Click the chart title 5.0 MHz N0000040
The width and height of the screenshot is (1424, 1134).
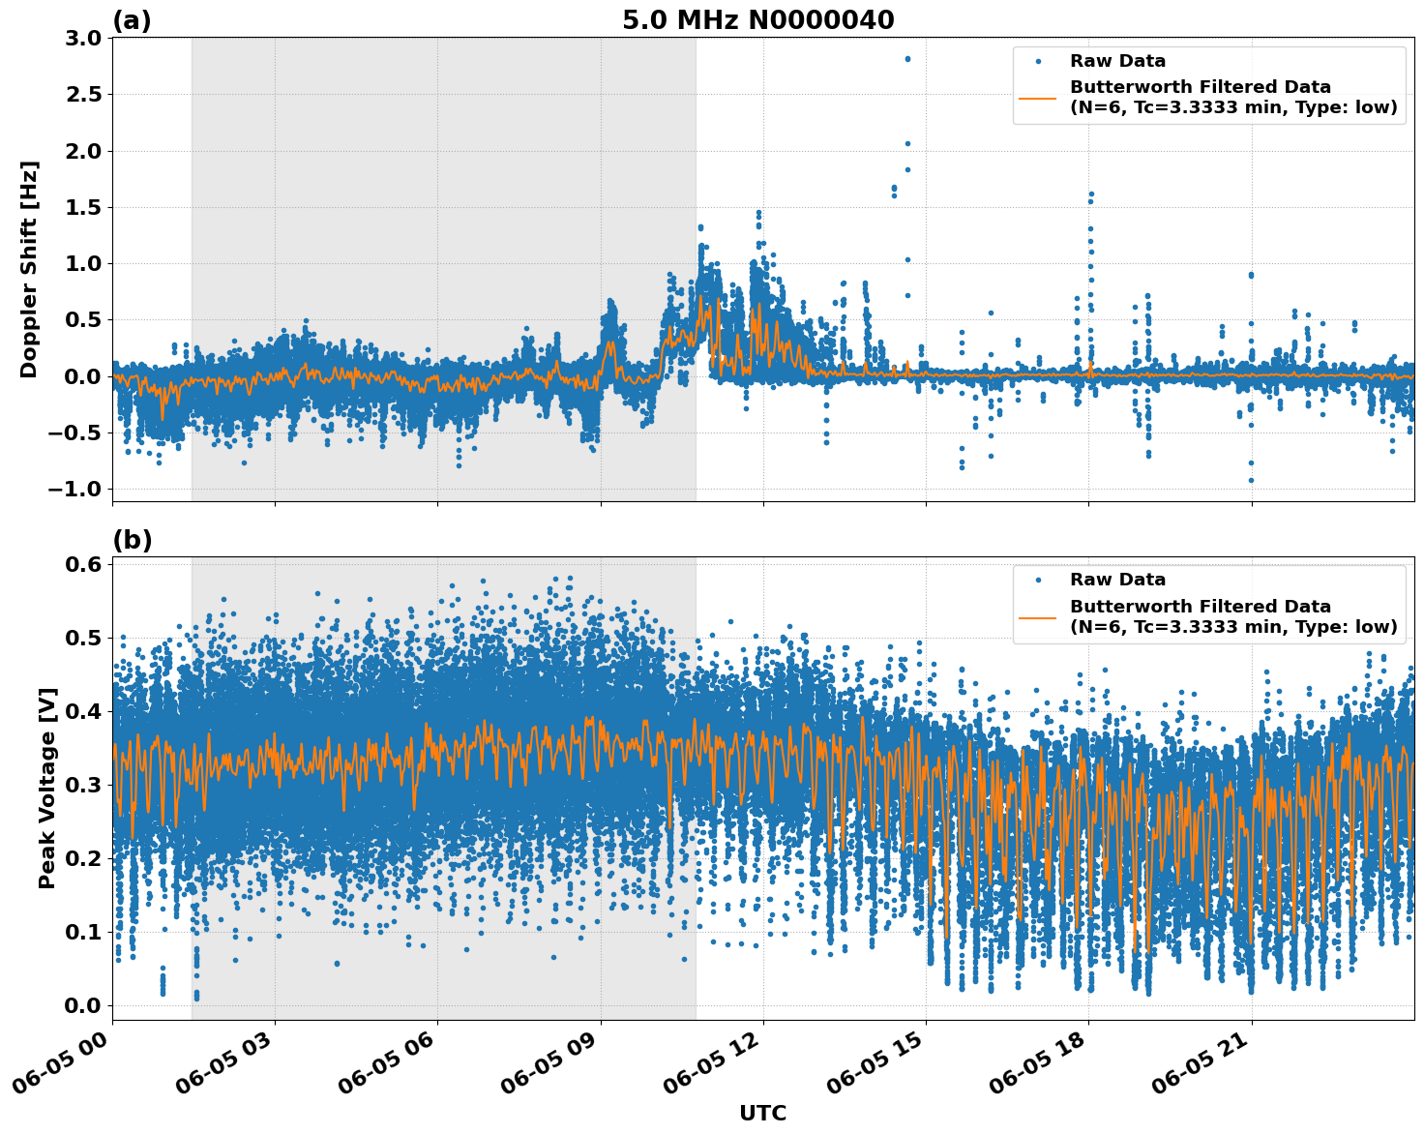click(757, 20)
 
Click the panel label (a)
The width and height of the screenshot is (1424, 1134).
click(132, 20)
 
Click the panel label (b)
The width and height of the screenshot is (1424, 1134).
click(132, 540)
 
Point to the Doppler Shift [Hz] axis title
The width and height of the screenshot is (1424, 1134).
click(29, 269)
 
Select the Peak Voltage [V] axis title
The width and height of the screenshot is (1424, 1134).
click(47, 788)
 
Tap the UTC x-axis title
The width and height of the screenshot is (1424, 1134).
click(762, 1113)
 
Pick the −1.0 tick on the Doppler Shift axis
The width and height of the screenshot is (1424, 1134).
click(75, 490)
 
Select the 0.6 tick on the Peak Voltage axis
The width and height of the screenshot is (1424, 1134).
click(84, 564)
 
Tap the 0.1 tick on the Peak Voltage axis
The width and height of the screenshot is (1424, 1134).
click(84, 932)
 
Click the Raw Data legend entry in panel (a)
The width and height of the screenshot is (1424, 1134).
click(1117, 61)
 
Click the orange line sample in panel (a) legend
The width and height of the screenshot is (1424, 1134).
click(1038, 97)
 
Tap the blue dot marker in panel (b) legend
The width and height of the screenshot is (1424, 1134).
click(1038, 580)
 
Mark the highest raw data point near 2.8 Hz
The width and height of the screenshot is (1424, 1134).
click(907, 59)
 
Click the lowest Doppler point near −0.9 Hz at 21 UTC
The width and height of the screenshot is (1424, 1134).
click(1251, 480)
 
